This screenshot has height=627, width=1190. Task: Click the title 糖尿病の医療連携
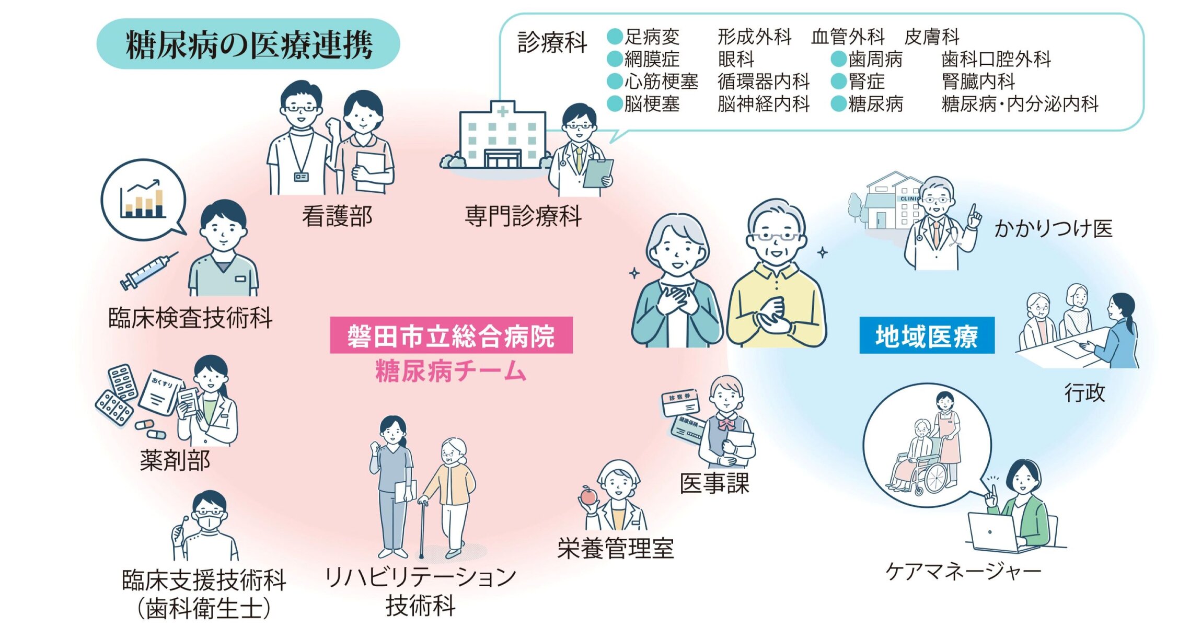[x=249, y=44]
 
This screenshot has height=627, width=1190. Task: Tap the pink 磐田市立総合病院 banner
[x=451, y=335]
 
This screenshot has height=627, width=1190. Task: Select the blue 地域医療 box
[x=927, y=335]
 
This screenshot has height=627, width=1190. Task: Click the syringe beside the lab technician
[x=148, y=271]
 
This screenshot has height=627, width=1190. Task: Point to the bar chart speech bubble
[x=143, y=200]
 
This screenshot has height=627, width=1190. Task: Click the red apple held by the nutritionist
[x=588, y=495]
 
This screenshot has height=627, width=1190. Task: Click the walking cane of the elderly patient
[x=422, y=528]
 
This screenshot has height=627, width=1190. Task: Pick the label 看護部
[x=337, y=216]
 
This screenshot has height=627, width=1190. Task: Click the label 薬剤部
[x=175, y=460]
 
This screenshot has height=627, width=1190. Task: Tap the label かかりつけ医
[x=1053, y=228]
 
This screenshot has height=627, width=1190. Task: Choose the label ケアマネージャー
[x=963, y=571]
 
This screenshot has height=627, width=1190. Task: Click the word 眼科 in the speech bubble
[x=736, y=59]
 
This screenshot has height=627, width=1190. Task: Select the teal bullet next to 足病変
[x=615, y=37]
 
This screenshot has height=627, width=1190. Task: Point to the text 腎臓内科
[x=978, y=82]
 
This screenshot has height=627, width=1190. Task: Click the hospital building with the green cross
[x=502, y=137]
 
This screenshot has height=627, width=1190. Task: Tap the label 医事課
[x=714, y=483]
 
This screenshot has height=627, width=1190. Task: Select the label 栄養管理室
[x=616, y=549]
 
